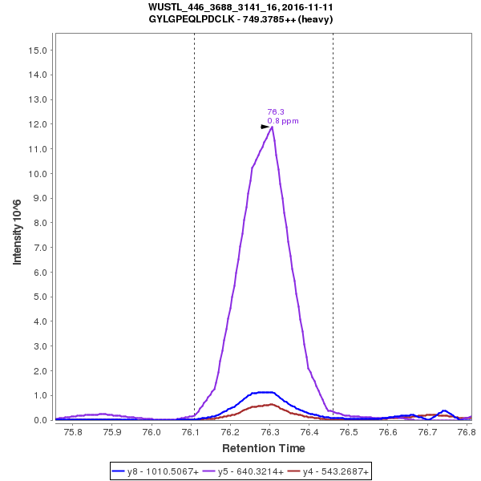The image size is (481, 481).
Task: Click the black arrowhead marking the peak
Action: [265, 127]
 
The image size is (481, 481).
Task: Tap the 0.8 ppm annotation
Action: [283, 121]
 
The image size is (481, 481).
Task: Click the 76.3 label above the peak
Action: [276, 112]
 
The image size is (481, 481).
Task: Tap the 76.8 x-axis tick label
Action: [464, 432]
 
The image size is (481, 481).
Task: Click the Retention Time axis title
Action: [263, 448]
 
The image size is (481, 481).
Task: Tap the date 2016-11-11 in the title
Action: [305, 7]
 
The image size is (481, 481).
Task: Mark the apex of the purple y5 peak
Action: [273, 127]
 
